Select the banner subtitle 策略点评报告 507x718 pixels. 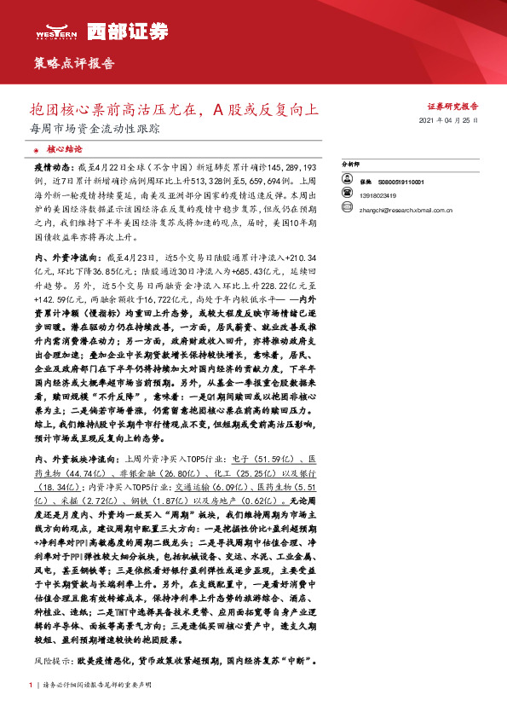click(74, 64)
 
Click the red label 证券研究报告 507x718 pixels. click(452, 107)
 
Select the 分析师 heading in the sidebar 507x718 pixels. click(352, 162)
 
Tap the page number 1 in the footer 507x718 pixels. click(31, 685)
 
